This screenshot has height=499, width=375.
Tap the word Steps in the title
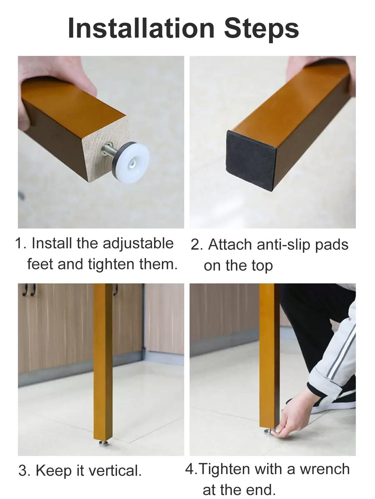click(x=261, y=30)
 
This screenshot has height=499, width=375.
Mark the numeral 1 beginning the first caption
click(x=19, y=244)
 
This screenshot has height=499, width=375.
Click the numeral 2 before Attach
click(x=195, y=245)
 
